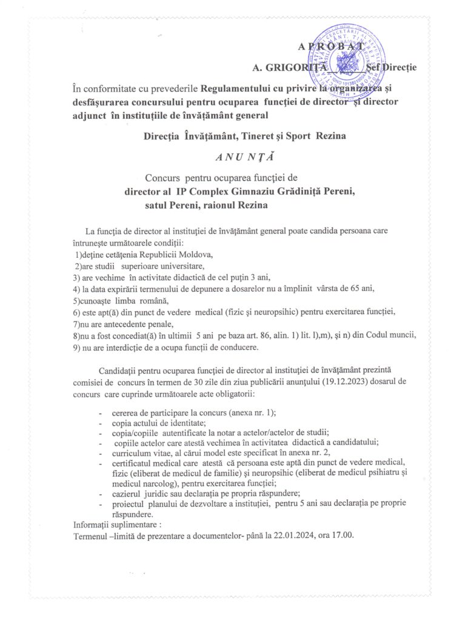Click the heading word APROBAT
(x=331, y=47)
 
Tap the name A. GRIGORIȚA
(x=290, y=66)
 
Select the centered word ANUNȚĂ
(x=245, y=156)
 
